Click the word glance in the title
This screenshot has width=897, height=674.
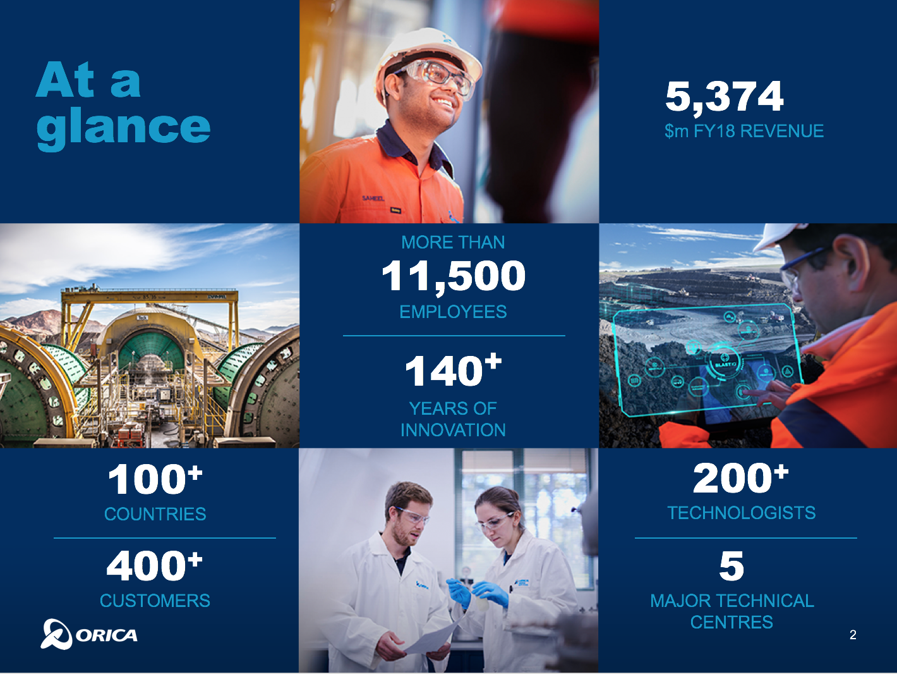coord(123,128)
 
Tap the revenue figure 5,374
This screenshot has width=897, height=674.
coord(725,97)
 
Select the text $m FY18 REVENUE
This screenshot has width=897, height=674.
coord(743,132)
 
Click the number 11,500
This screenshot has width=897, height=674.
coord(453,276)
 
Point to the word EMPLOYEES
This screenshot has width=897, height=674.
coord(453,312)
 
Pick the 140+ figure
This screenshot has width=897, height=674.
coord(453,369)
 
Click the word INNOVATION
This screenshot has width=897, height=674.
coord(453,430)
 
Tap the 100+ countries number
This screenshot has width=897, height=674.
coord(155,479)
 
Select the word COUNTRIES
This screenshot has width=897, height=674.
coord(155,514)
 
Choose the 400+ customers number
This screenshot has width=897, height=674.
coord(155,566)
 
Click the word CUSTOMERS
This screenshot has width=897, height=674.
coord(155,601)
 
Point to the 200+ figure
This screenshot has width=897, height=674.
coord(740,478)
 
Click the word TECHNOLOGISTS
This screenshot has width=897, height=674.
coord(742,513)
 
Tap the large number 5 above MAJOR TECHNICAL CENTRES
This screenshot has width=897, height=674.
coord(731,566)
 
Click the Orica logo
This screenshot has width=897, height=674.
coord(88,634)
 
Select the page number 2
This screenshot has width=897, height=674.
coord(853,635)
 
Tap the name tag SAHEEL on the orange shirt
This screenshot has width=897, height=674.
coord(373,199)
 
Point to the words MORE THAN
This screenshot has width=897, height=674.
coord(453,243)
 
